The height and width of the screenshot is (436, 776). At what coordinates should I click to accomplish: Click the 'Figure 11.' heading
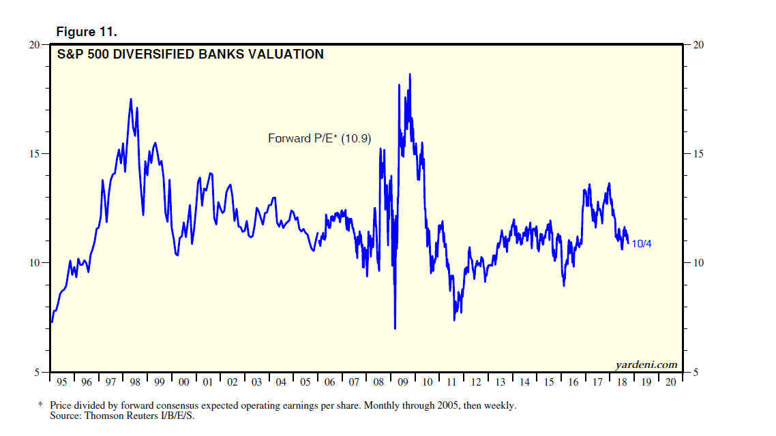[85, 32]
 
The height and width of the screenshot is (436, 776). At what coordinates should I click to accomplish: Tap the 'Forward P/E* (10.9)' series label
[319, 138]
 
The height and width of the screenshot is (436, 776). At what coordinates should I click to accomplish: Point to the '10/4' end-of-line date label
[642, 243]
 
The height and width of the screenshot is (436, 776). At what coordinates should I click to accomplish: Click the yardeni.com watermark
[646, 364]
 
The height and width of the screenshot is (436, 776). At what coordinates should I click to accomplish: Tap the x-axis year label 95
[62, 382]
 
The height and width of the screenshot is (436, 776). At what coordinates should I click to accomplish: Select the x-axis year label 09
[403, 382]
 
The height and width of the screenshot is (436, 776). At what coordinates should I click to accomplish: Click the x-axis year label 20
[670, 382]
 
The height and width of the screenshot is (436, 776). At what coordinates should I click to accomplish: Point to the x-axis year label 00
[183, 382]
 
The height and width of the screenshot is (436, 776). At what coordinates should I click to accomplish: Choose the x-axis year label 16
[573, 382]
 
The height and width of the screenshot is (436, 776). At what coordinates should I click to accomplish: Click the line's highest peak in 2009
[410, 74]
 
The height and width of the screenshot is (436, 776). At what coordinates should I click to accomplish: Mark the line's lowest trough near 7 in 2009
[395, 328]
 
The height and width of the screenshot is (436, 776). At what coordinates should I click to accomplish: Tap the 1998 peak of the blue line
[131, 99]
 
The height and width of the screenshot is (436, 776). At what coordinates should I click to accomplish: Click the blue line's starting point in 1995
[51, 322]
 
